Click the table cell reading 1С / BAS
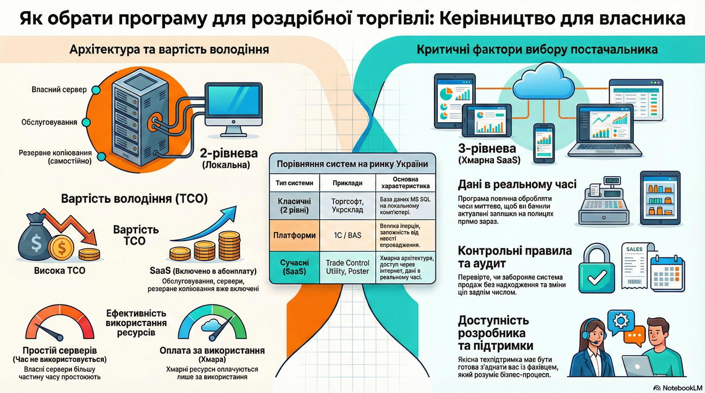click(x=347, y=235)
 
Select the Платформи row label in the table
click(x=294, y=235)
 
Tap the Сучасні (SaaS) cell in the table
click(x=294, y=267)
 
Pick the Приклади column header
click(x=347, y=183)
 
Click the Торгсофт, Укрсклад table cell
click(x=347, y=205)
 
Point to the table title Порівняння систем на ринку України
click(x=352, y=164)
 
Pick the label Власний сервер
click(x=59, y=90)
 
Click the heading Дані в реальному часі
click(x=517, y=184)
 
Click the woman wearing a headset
click(x=592, y=349)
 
